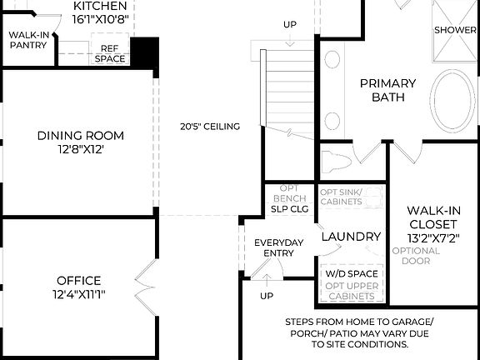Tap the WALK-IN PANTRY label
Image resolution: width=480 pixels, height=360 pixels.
[x=28, y=40]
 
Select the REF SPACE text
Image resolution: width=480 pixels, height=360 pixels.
[x=110, y=53]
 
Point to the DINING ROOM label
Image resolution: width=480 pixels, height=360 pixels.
[x=80, y=142]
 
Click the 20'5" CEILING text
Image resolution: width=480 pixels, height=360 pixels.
[x=209, y=127]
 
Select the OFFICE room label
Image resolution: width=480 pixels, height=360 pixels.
[x=80, y=287]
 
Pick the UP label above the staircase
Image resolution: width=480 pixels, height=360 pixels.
[x=289, y=24]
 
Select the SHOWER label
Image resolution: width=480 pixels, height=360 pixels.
[x=455, y=30]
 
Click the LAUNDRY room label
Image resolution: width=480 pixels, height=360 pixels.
[x=351, y=237]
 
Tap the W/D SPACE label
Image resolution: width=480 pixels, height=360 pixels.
[x=351, y=273]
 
